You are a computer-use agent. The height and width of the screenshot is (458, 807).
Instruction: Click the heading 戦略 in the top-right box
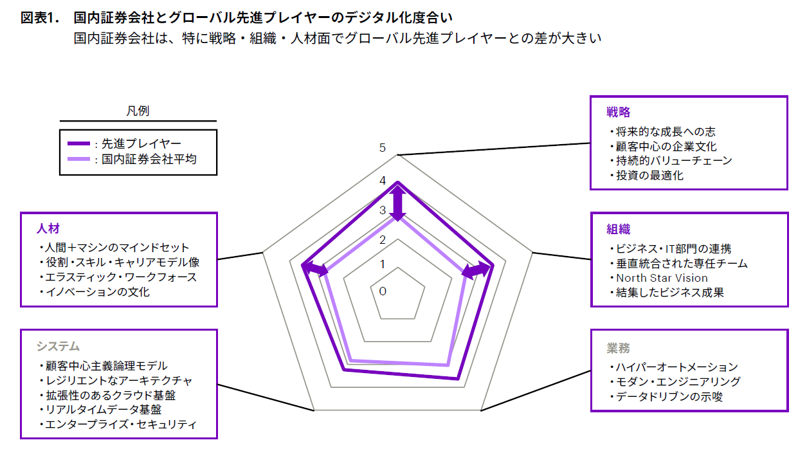(618, 113)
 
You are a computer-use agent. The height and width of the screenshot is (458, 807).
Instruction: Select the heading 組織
(618, 230)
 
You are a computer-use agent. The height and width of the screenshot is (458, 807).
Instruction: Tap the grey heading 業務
(618, 348)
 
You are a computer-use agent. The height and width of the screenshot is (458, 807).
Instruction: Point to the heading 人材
(48, 228)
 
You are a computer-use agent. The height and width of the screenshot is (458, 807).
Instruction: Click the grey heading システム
(58, 346)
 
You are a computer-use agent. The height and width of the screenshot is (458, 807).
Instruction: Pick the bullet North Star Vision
(662, 278)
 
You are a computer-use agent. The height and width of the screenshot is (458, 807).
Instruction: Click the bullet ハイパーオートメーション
(676, 367)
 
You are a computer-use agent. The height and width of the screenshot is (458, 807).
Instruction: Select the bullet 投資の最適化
(649, 175)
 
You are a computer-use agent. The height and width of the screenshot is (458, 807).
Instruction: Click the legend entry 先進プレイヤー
(141, 143)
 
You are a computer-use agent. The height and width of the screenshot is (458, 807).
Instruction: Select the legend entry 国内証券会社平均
(149, 159)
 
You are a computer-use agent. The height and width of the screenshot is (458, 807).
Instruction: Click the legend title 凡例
(138, 111)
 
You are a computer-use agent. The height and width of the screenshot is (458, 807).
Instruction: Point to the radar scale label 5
(383, 148)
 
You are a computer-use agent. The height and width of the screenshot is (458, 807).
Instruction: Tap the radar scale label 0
(383, 291)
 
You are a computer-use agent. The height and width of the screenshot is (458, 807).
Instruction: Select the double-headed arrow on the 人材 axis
(314, 270)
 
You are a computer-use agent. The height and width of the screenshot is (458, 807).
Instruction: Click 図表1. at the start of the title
(40, 18)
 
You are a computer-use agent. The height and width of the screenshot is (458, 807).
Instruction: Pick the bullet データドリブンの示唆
(669, 397)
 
